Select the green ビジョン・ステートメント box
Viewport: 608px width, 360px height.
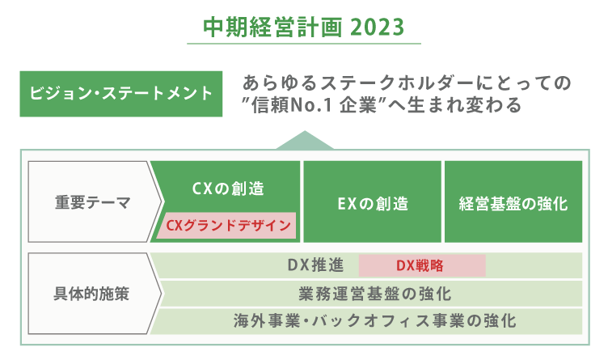point(121,92)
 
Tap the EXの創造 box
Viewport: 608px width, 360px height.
point(372,202)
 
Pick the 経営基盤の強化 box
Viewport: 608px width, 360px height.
point(513,202)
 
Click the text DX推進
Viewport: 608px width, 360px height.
point(315,265)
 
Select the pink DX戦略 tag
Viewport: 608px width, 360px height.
point(420,265)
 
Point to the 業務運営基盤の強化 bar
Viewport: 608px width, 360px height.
point(366,293)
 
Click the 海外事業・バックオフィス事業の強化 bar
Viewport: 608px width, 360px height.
point(366,320)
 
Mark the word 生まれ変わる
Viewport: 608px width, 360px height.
point(464,106)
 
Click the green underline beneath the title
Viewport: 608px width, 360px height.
point(304,43)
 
